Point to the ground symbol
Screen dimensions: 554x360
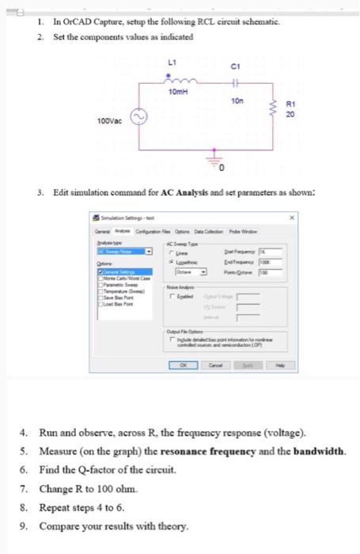click(211, 161)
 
